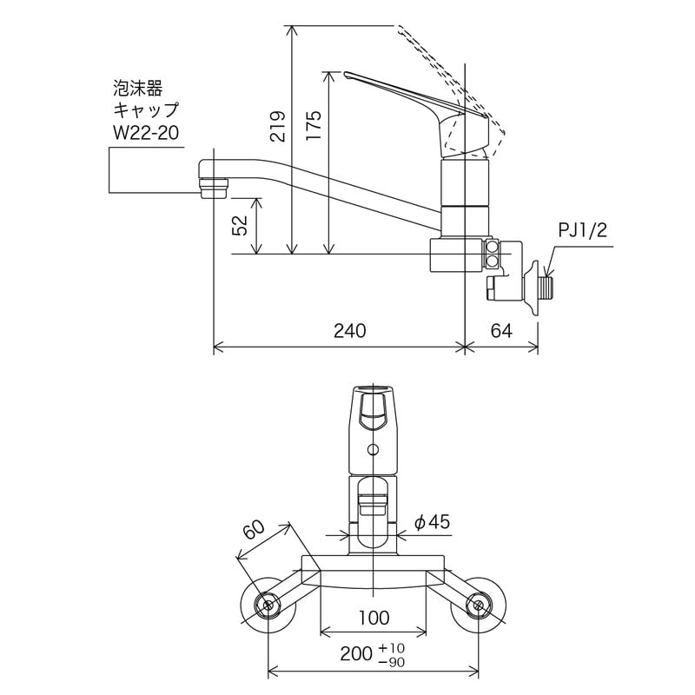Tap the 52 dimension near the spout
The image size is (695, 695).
tap(243, 226)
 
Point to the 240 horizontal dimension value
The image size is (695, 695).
tap(348, 331)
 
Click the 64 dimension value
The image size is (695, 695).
tap(501, 331)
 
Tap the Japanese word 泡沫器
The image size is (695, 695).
tap(138, 88)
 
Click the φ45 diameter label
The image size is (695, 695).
tap(432, 522)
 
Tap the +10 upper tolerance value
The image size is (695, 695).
tap(392, 648)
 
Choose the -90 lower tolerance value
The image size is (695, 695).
tap(392, 663)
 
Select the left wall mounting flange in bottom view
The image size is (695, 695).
tap(268, 605)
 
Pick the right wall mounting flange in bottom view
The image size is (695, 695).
tap(477, 605)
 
